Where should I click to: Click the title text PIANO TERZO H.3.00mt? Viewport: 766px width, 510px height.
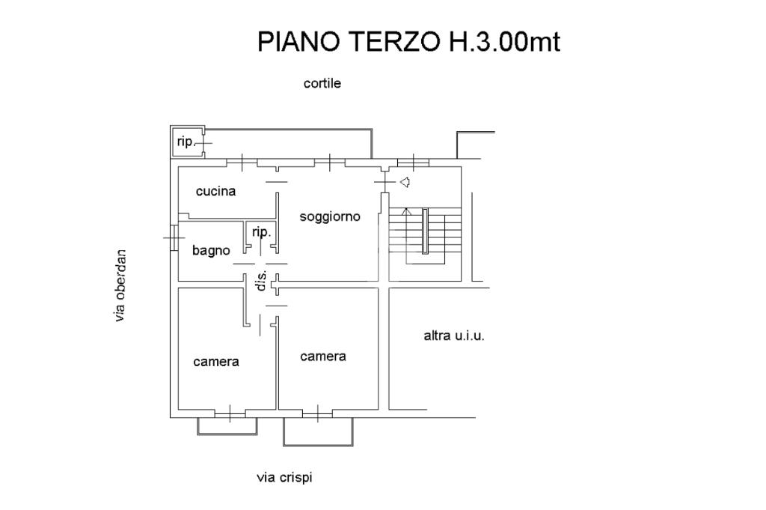pyautogui.click(x=408, y=42)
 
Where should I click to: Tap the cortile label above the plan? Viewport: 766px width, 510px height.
pyautogui.click(x=322, y=84)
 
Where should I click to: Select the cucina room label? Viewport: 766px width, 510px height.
pyautogui.click(x=215, y=191)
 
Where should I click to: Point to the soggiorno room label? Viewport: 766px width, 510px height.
pyautogui.click(x=330, y=216)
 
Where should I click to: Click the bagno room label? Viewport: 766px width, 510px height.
pyautogui.click(x=211, y=251)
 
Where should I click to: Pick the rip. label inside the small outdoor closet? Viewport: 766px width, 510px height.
pyautogui.click(x=185, y=141)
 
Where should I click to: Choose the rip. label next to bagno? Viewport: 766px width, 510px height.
pyautogui.click(x=260, y=232)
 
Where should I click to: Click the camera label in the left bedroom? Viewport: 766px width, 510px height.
pyautogui.click(x=216, y=362)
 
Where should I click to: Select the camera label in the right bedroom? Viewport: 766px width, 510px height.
pyautogui.click(x=323, y=356)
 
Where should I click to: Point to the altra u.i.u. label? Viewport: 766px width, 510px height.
pyautogui.click(x=454, y=336)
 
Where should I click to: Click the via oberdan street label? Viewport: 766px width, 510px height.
pyautogui.click(x=120, y=285)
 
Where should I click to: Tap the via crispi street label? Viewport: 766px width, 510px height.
pyautogui.click(x=284, y=477)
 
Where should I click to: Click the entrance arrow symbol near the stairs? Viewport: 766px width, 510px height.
pyautogui.click(x=405, y=182)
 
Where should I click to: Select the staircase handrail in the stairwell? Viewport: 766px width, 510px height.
pyautogui.click(x=425, y=232)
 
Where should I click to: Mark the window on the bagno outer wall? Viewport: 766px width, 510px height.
pyautogui.click(x=174, y=237)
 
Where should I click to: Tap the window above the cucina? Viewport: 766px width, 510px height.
pyautogui.click(x=242, y=161)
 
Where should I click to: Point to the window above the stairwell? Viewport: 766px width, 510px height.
pyautogui.click(x=413, y=161)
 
